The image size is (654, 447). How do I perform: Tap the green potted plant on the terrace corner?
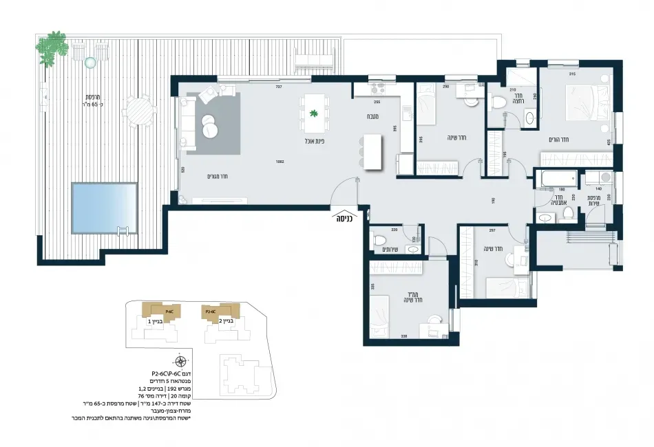(52, 45)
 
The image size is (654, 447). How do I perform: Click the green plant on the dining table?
(314, 114)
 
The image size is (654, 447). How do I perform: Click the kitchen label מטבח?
(375, 117)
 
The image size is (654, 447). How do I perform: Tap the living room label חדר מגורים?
(218, 176)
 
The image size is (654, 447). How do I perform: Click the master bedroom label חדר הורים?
(562, 140)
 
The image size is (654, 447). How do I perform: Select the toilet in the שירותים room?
(380, 241)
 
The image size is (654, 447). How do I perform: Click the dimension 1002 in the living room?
(279, 163)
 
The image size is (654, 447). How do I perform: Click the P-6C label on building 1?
(149, 312)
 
